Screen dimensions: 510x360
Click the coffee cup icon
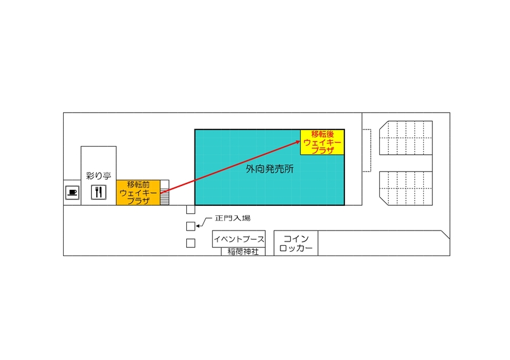[x=72, y=192]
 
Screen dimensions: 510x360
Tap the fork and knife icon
[x=99, y=192]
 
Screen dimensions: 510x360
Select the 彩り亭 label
[x=99, y=176]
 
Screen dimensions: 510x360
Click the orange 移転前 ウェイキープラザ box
[x=138, y=192]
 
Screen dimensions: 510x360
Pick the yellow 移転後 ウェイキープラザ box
[x=323, y=142]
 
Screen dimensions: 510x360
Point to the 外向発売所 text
[x=270, y=169]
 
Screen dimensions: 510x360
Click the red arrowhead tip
[x=300, y=141]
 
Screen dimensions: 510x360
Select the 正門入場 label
[x=233, y=218]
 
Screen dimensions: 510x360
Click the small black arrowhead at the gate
[x=196, y=226]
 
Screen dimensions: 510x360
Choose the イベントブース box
[x=238, y=239]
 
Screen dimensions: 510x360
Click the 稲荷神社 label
[x=243, y=252]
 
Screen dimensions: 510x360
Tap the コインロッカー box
[x=296, y=243]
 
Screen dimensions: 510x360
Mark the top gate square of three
[x=191, y=210]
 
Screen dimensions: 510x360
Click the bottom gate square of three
[x=191, y=243]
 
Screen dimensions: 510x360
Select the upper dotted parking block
[x=406, y=138]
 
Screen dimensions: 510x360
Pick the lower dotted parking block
[x=406, y=189]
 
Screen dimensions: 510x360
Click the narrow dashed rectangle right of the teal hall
[x=367, y=150]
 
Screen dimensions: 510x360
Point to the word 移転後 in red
[x=323, y=134]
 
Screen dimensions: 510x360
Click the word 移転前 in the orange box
[x=138, y=184]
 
